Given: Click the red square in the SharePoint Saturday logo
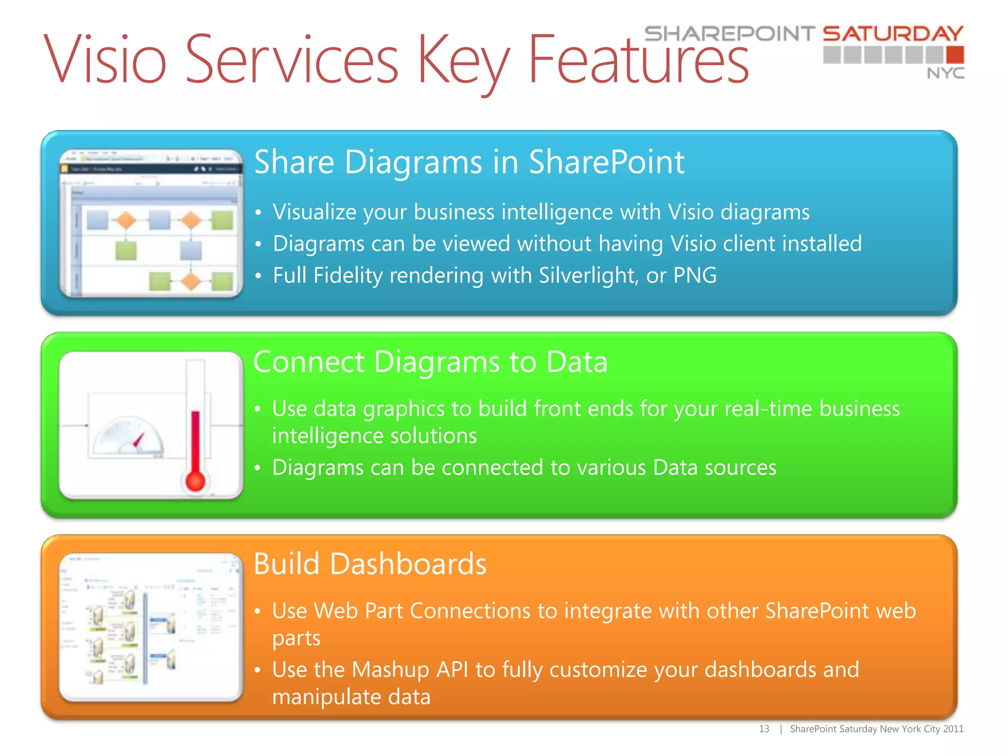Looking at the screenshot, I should pos(955,55).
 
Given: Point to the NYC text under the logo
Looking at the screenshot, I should pos(945,73).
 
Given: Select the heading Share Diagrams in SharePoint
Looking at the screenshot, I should pos(469,162).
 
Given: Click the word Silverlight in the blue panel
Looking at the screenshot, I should pos(586,275).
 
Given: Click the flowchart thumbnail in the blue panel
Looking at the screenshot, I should pos(151,223).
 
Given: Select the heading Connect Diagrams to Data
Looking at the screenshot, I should pos(430,362).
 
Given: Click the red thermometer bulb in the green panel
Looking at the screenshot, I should pos(195,481).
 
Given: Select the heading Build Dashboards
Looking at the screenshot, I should pos(370,564).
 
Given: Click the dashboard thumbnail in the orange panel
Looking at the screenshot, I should pos(151,627).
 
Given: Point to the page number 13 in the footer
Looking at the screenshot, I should pos(763,729).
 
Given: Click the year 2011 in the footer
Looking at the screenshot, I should pos(953,729).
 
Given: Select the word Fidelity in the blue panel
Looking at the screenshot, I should pos(347,275).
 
